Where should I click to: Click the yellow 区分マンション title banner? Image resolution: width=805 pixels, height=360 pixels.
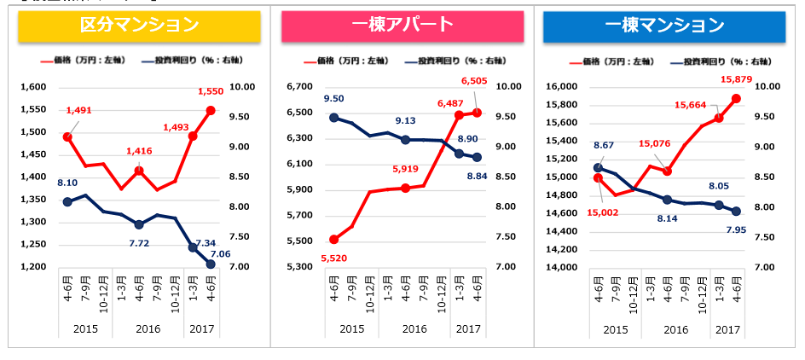tap(140, 26)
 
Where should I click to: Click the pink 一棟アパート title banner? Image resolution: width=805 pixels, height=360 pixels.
tap(402, 26)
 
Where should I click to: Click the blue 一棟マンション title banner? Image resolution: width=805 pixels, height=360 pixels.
tap(664, 26)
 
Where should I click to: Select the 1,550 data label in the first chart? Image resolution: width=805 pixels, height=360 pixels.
tap(211, 91)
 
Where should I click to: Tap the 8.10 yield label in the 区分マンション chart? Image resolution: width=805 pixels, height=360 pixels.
tap(69, 183)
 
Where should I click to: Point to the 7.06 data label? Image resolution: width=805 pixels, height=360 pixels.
tap(222, 254)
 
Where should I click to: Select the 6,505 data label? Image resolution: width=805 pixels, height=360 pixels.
tap(476, 81)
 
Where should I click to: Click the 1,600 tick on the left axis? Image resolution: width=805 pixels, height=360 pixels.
tap(32, 87)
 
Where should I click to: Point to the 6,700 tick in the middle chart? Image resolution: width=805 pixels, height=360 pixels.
tap(301, 87)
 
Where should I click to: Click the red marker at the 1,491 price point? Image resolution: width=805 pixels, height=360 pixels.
tap(67, 136)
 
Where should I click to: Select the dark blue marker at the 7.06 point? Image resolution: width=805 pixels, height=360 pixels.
tap(211, 264)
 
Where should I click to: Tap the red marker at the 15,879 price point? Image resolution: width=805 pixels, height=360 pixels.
tap(736, 98)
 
